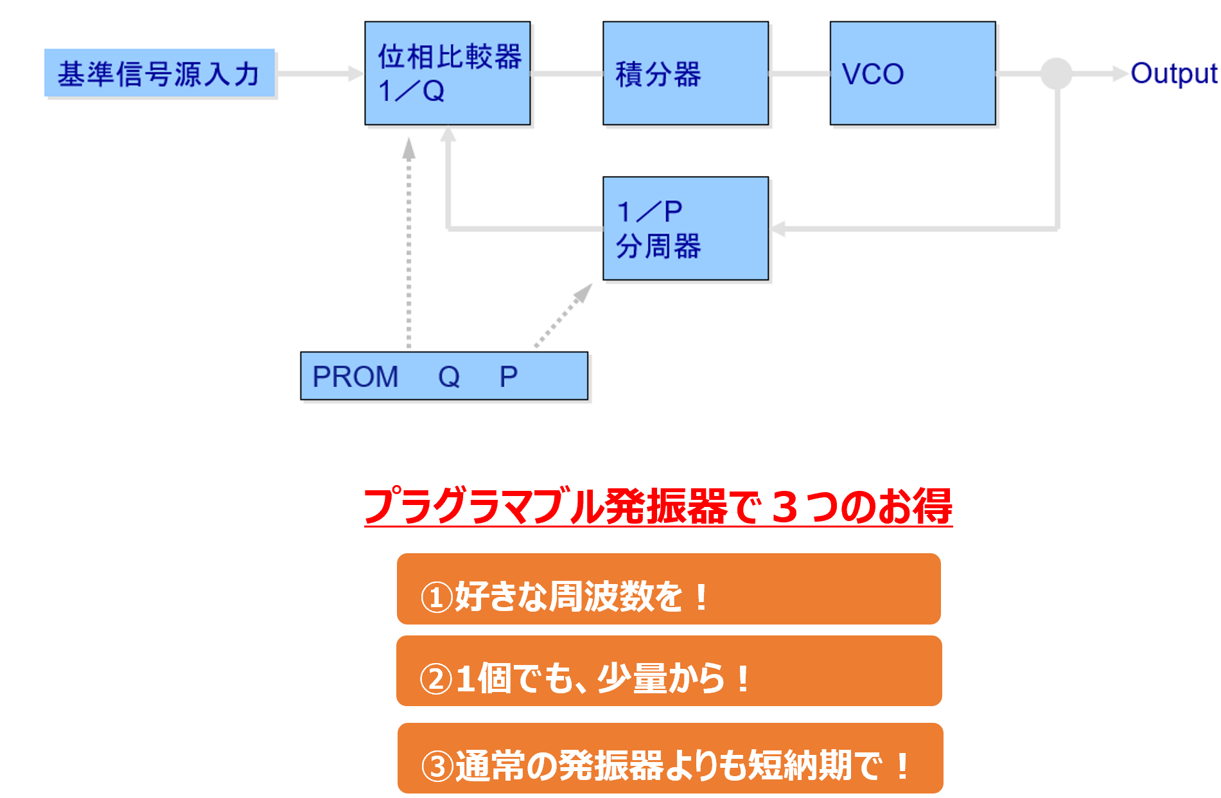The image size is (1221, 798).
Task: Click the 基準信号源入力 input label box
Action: coord(159,73)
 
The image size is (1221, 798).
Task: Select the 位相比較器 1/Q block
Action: coord(448,73)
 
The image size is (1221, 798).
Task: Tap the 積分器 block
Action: coord(685,73)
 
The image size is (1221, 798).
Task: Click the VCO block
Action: coord(913,73)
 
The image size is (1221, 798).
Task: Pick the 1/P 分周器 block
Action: coord(685,229)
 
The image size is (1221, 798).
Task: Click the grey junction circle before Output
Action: coord(1056,73)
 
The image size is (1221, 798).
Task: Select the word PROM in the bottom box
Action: coord(355,377)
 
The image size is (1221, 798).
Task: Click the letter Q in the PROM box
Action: coord(449,377)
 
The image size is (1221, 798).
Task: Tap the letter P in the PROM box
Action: coord(509,377)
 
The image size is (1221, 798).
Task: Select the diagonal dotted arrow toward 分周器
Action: coord(563,315)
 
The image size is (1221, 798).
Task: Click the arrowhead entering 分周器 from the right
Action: coord(778,229)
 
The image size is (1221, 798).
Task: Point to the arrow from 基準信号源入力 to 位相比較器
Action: coord(320,73)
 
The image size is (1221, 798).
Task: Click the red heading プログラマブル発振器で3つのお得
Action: coord(658,506)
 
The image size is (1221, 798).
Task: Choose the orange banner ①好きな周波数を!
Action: coord(669,589)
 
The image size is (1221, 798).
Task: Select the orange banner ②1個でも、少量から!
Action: coord(669,671)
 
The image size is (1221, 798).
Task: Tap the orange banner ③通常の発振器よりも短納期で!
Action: coord(670,758)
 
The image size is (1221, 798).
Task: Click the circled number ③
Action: coord(437,766)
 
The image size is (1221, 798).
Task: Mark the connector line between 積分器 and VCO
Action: coord(800,73)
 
